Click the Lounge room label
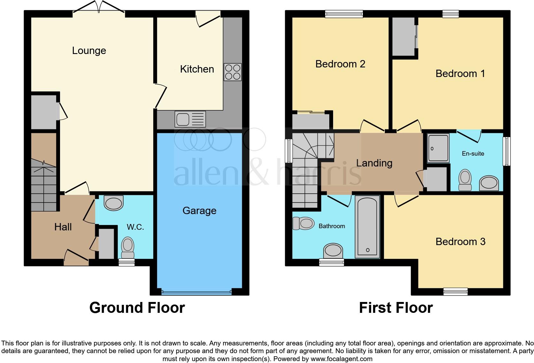pyautogui.click(x=89, y=50)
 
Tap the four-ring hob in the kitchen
pyautogui.click(x=233, y=72)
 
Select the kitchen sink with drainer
pyautogui.click(x=190, y=119)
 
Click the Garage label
pyautogui.click(x=199, y=211)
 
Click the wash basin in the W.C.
pyautogui.click(x=114, y=203)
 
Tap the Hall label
pyautogui.click(x=63, y=227)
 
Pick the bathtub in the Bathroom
pyautogui.click(x=367, y=227)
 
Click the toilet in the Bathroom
pyautogui.click(x=303, y=223)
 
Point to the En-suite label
pyautogui.click(x=473, y=154)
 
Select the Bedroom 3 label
pyautogui.click(x=460, y=242)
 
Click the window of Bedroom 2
pyautogui.click(x=344, y=14)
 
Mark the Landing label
pyautogui.click(x=374, y=163)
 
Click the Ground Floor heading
pyautogui.click(x=137, y=308)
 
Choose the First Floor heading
pyautogui.click(x=396, y=308)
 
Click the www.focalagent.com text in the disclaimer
pyautogui.click(x=341, y=359)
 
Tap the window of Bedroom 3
pyautogui.click(x=455, y=291)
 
